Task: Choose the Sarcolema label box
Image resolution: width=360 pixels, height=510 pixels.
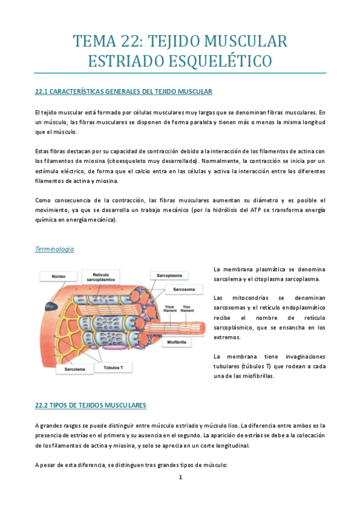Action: click(x=58, y=369)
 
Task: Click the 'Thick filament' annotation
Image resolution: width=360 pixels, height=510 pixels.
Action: click(x=169, y=309)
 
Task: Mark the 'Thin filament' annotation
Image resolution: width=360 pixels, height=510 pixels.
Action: click(x=188, y=309)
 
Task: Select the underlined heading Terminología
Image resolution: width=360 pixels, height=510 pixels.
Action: click(x=55, y=249)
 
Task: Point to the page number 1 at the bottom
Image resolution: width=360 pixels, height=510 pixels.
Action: click(x=180, y=478)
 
